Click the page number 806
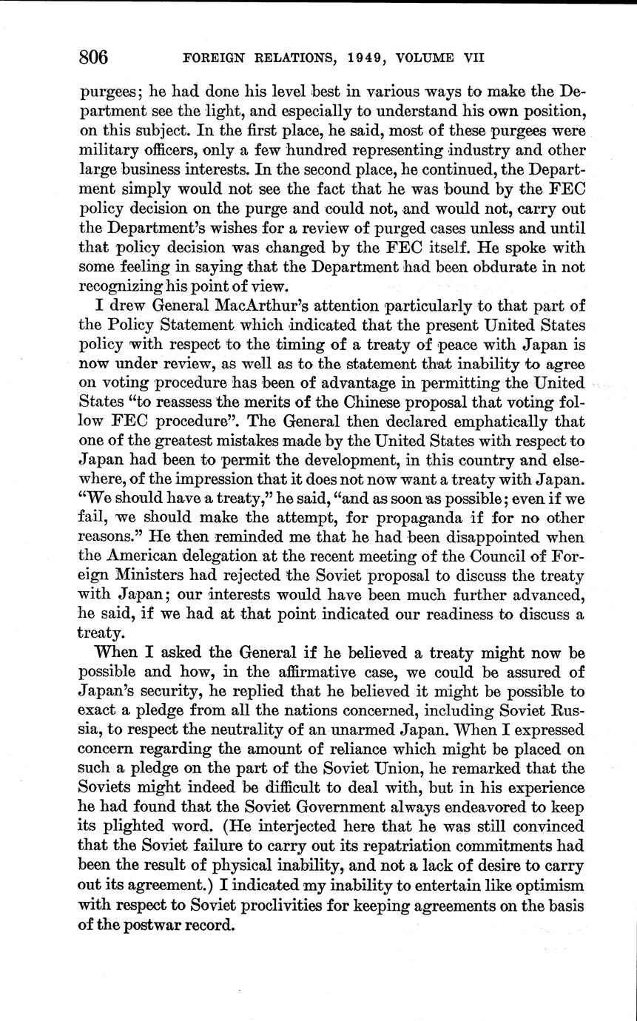(94, 57)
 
